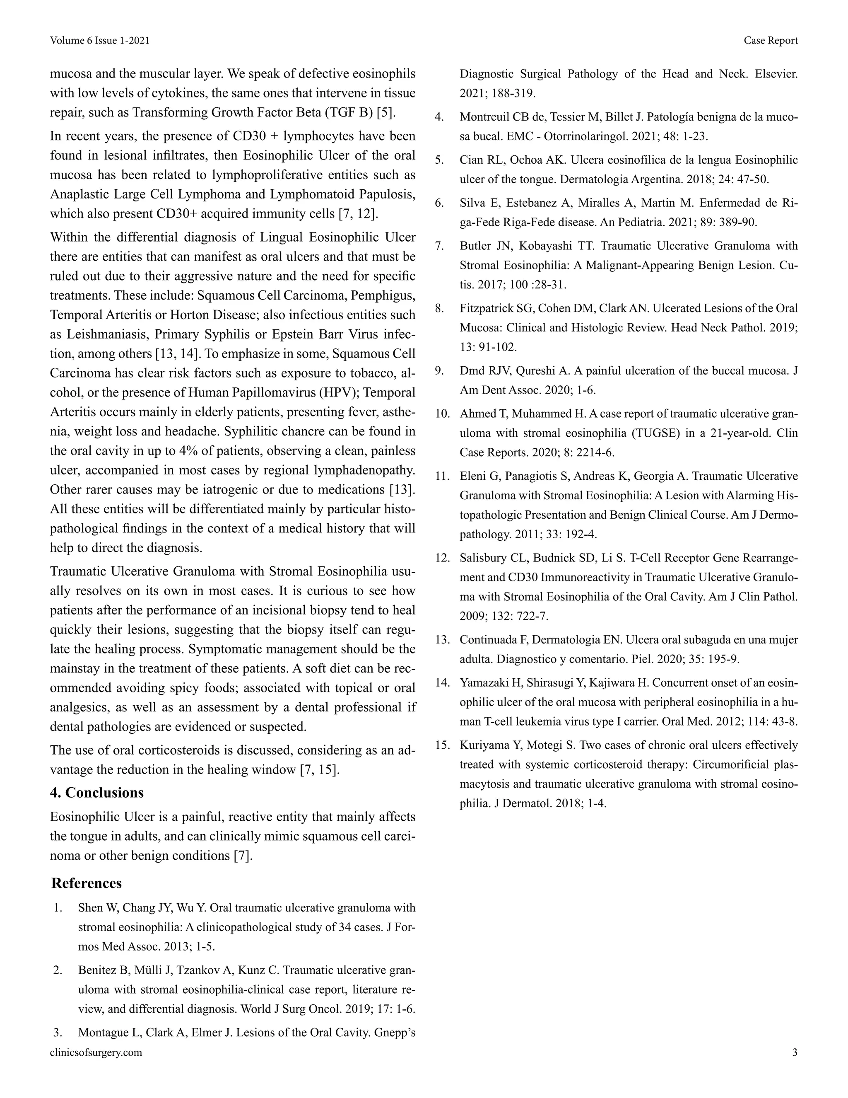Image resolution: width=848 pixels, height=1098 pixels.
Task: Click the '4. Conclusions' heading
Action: (96, 793)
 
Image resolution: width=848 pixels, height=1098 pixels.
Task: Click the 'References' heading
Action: (87, 883)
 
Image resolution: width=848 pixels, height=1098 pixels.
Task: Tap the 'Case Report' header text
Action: (771, 41)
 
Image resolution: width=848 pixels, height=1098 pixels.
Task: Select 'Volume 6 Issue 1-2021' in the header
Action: (99, 41)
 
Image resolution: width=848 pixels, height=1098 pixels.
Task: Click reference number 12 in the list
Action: (442, 558)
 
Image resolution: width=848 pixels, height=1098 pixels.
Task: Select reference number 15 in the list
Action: (442, 745)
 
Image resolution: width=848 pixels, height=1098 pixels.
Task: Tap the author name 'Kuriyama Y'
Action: (489, 745)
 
